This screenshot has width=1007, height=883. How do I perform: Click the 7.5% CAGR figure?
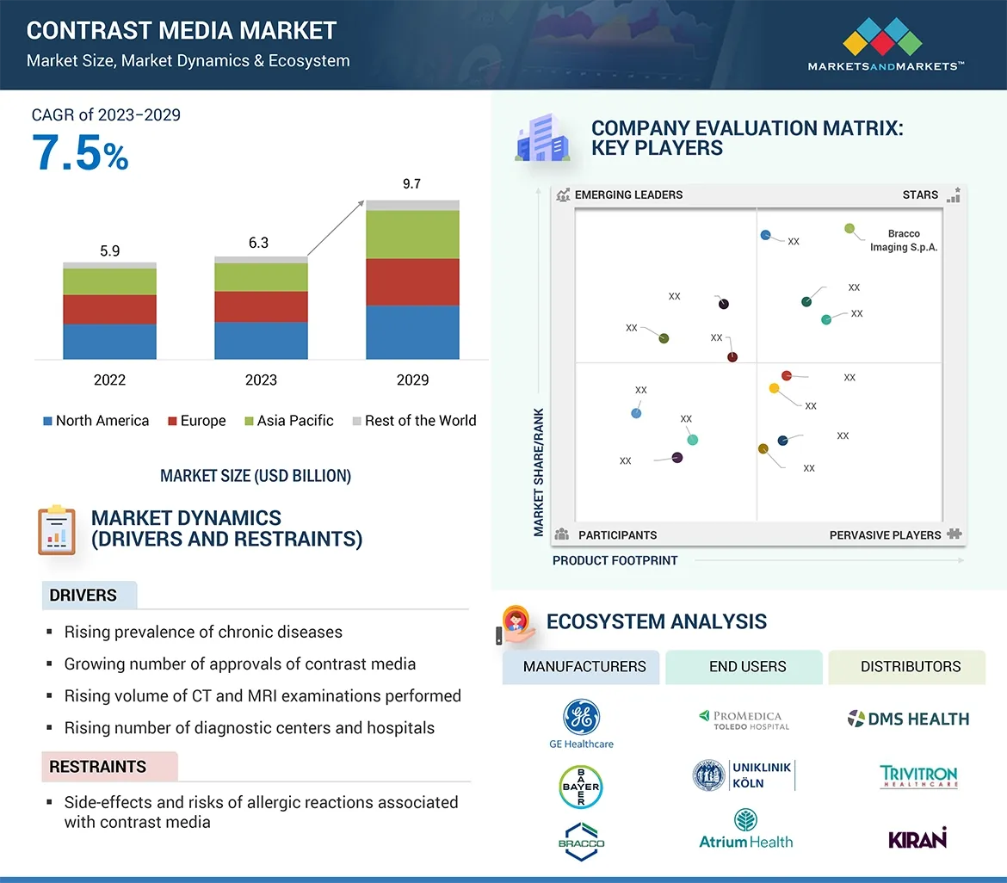[x=80, y=152]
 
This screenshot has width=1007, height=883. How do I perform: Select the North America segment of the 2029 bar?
[x=412, y=332]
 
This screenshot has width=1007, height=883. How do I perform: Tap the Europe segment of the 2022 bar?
[x=109, y=309]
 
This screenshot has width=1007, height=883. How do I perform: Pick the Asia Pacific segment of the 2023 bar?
[x=261, y=277]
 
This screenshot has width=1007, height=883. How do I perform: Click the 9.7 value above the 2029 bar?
[x=411, y=184]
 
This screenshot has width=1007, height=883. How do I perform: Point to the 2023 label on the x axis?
[x=261, y=380]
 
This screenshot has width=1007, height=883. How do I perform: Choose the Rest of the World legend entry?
[x=413, y=421]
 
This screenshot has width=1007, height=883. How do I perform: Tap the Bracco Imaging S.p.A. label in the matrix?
[x=904, y=240]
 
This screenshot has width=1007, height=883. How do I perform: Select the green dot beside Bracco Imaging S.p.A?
[x=849, y=229]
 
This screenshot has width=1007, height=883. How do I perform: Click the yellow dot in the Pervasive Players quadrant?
[x=774, y=389]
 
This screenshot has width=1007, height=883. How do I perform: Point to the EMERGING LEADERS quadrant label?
[x=628, y=195]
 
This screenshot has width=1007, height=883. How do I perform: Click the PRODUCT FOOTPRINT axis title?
[x=615, y=560]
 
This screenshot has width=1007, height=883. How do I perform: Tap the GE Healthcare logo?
[x=581, y=723]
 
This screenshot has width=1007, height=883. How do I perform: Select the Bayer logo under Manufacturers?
[x=581, y=787]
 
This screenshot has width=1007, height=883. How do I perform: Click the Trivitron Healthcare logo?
[x=918, y=777]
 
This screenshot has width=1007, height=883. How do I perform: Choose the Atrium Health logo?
[x=746, y=831]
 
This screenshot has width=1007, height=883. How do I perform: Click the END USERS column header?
[x=747, y=667]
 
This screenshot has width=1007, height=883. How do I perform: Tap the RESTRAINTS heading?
[x=97, y=767]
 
